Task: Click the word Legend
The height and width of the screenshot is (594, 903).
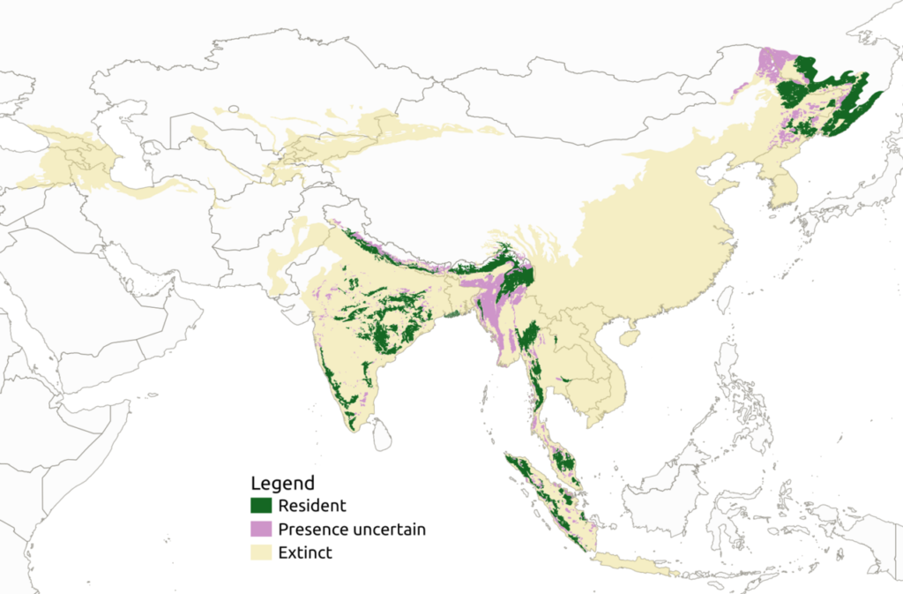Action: pyautogui.click(x=282, y=484)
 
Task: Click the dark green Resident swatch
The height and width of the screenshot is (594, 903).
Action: pyautogui.click(x=262, y=506)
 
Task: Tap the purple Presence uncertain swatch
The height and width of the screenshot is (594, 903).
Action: pyautogui.click(x=262, y=530)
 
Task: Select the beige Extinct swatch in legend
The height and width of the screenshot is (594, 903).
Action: pyautogui.click(x=262, y=553)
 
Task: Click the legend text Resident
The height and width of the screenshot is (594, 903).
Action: pyautogui.click(x=311, y=506)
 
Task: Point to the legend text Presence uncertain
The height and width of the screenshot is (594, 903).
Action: pyautogui.click(x=351, y=530)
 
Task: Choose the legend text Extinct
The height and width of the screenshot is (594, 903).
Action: pyautogui.click(x=304, y=553)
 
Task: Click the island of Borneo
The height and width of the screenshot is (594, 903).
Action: pyautogui.click(x=661, y=494)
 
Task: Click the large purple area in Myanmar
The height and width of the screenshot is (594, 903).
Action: pyautogui.click(x=494, y=305)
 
